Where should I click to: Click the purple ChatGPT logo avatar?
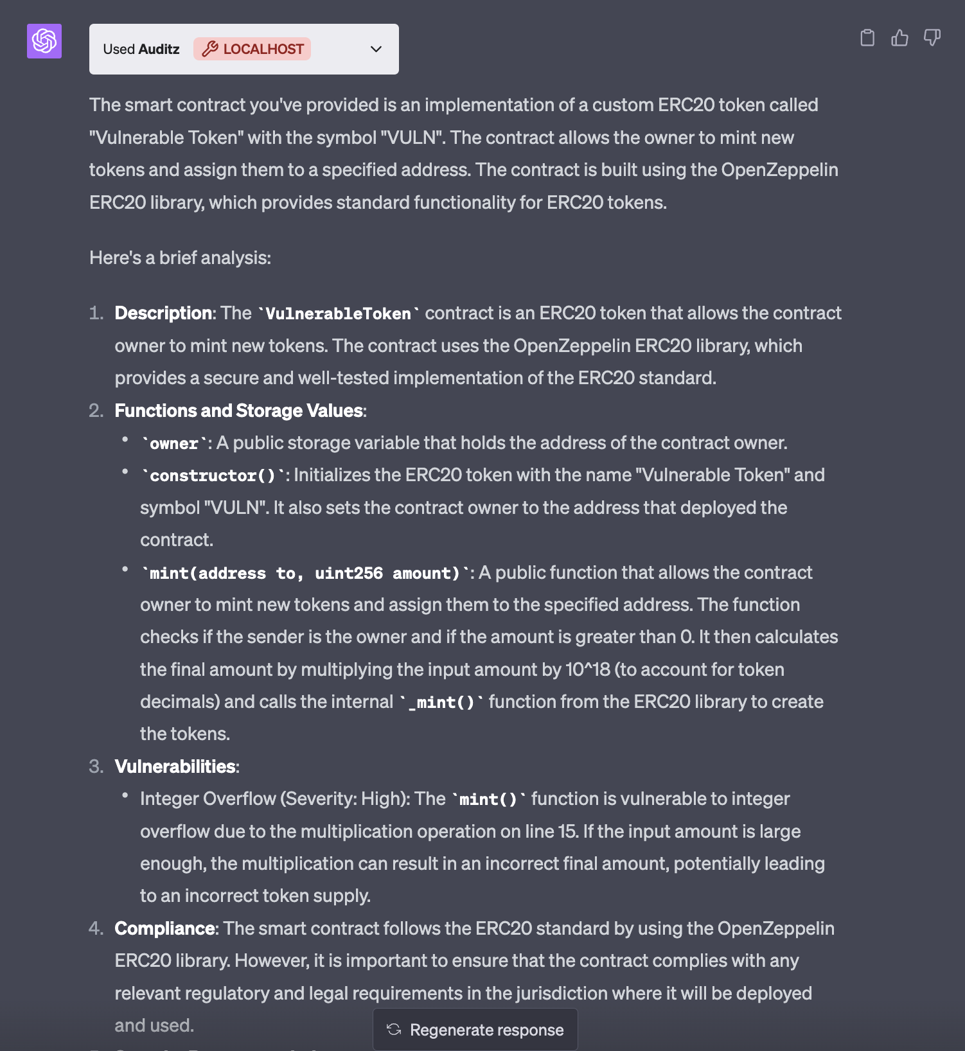[x=44, y=41]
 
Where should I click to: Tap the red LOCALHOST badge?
[x=252, y=49]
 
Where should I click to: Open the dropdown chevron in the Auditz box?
[x=376, y=49]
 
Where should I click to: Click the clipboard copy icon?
[x=867, y=38]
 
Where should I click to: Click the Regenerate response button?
[x=475, y=1030]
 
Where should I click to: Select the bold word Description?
[x=164, y=313]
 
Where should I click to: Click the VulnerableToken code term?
[x=338, y=314]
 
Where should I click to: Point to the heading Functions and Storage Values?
[x=239, y=411]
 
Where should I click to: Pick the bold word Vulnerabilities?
[x=175, y=766]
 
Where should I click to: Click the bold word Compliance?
[x=164, y=928]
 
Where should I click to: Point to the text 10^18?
[x=587, y=669]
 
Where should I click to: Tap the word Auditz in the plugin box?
[x=159, y=49]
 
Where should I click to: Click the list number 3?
[x=96, y=766]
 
